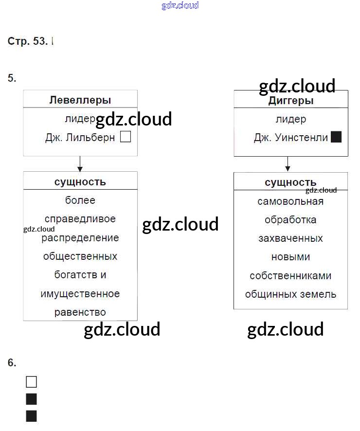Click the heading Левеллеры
click(x=80, y=100)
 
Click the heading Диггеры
click(x=291, y=101)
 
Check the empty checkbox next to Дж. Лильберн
click(x=126, y=137)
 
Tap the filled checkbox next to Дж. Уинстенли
click(x=336, y=137)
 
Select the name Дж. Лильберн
click(x=80, y=138)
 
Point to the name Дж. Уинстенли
click(x=291, y=138)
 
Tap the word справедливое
click(x=80, y=219)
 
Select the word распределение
click(x=80, y=238)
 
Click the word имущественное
click(x=80, y=294)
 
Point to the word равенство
click(x=80, y=312)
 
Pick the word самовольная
click(x=290, y=201)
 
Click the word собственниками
click(x=290, y=276)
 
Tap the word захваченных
click(x=290, y=238)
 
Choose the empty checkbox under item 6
click(x=31, y=382)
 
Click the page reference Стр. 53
click(x=28, y=41)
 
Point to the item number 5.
click(x=12, y=78)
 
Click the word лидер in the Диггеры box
click(x=290, y=119)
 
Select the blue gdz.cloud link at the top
click(x=180, y=6)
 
